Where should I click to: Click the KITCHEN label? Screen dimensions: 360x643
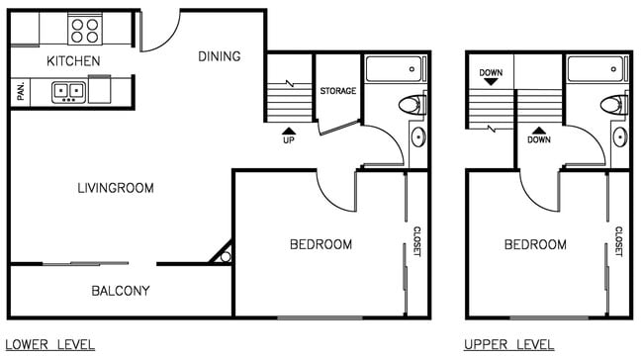pyautogui.click(x=73, y=61)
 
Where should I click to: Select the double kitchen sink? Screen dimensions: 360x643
pyautogui.click(x=68, y=92)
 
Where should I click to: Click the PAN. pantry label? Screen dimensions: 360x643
pyautogui.click(x=20, y=92)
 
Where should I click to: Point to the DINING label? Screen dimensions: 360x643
pyautogui.click(x=219, y=56)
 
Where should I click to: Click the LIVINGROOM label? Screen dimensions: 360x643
pyautogui.click(x=116, y=188)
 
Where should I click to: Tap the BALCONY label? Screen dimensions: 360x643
pyautogui.click(x=120, y=291)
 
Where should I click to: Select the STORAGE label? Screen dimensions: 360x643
pyautogui.click(x=337, y=92)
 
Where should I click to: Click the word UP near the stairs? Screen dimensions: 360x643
pyautogui.click(x=288, y=140)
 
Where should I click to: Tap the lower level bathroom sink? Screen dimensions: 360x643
pyautogui.click(x=418, y=136)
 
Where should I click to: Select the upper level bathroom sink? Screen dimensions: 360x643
pyautogui.click(x=619, y=136)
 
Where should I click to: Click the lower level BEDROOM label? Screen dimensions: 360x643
pyautogui.click(x=321, y=244)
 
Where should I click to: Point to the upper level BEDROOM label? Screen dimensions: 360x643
pyautogui.click(x=535, y=244)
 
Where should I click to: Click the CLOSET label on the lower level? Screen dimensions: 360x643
pyautogui.click(x=416, y=242)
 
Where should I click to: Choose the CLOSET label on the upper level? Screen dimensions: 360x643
pyautogui.click(x=618, y=242)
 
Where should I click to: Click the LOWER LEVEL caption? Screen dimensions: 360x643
pyautogui.click(x=50, y=345)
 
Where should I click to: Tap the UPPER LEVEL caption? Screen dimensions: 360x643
pyautogui.click(x=509, y=345)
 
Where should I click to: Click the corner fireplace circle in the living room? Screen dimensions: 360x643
pyautogui.click(x=225, y=257)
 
